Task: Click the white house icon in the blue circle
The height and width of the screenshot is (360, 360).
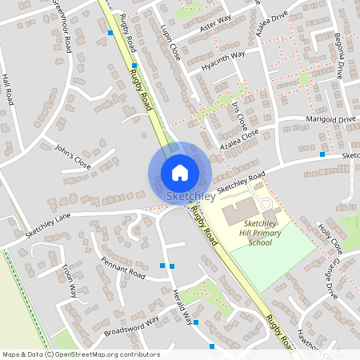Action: (x=179, y=173)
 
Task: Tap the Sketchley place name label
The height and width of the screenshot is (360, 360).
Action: (x=190, y=196)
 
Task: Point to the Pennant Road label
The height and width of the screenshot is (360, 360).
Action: (x=122, y=268)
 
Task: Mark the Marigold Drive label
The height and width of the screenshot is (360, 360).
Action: (x=330, y=120)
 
